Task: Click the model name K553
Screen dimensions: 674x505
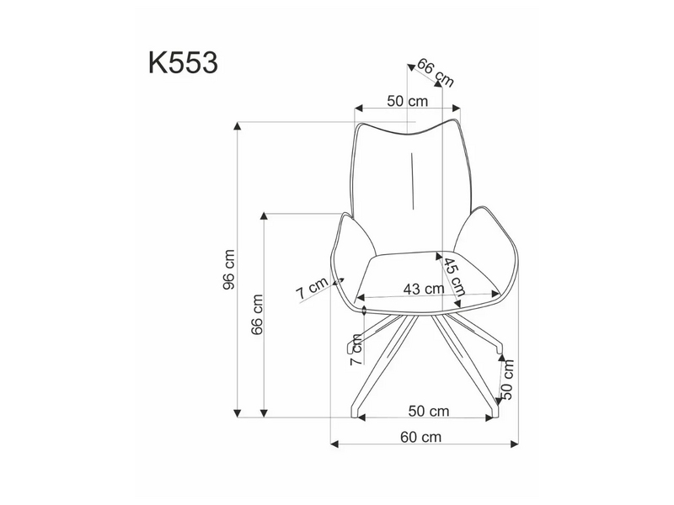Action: tap(183, 63)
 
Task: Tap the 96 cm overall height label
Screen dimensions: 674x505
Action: tap(229, 269)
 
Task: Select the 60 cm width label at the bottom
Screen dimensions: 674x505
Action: tap(420, 437)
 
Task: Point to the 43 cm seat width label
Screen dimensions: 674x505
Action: tap(424, 289)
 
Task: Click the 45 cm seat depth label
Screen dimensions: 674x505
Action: tap(455, 277)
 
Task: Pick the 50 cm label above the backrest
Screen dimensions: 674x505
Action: tap(408, 101)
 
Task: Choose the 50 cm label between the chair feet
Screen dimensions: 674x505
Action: tap(429, 411)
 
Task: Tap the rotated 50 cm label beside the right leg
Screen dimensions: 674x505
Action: tap(507, 380)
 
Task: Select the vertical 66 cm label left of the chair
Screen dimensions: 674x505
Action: tap(257, 314)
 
